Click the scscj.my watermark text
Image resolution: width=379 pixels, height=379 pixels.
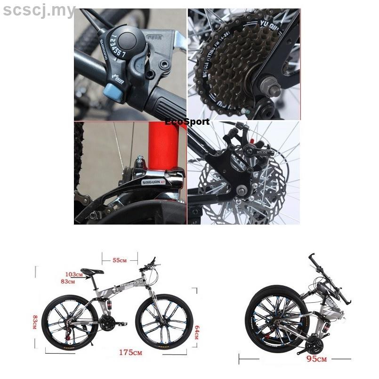pos(39,10)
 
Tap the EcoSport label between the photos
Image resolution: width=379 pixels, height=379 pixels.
pos(187,122)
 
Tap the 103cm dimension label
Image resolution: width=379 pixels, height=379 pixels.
pos(74,274)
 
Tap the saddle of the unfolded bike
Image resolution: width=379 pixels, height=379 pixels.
pos(92,271)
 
